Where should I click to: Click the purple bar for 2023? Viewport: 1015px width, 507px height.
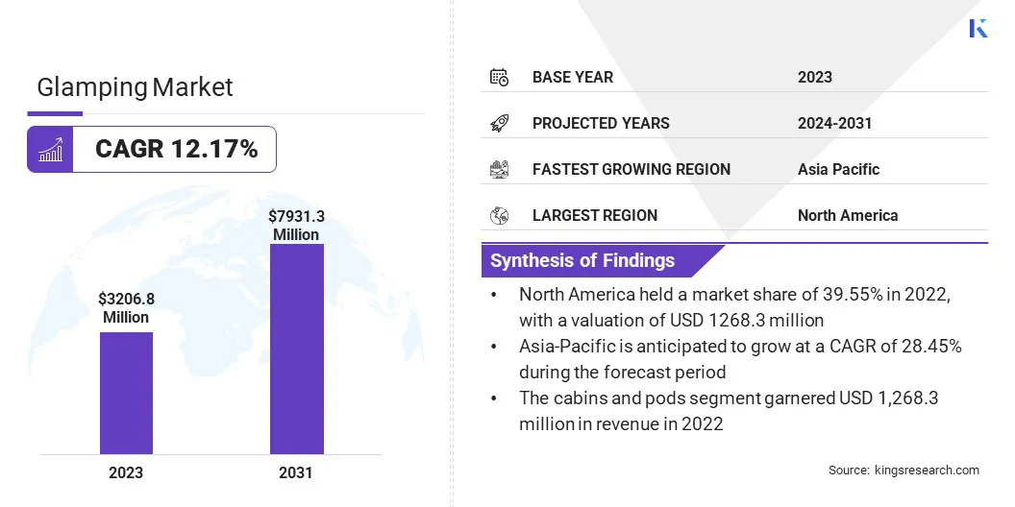pyautogui.click(x=126, y=393)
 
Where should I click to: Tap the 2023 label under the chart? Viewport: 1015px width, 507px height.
pyautogui.click(x=126, y=472)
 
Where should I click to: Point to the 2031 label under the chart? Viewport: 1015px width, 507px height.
pyautogui.click(x=296, y=472)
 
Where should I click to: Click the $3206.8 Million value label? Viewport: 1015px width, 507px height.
pyautogui.click(x=126, y=308)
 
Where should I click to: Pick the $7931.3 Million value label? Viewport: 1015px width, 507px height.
pyautogui.click(x=296, y=226)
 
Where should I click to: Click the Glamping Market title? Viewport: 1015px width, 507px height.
pyautogui.click(x=135, y=87)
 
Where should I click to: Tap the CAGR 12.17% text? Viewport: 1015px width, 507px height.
pyautogui.click(x=176, y=149)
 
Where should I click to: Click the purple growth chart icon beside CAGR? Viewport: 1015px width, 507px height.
pyautogui.click(x=50, y=149)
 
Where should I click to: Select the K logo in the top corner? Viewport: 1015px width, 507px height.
pyautogui.click(x=978, y=28)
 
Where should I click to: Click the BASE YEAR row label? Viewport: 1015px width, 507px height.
pyautogui.click(x=573, y=77)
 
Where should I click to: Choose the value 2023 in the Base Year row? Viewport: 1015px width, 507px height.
pyautogui.click(x=815, y=77)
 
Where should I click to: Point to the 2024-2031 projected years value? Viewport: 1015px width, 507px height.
pyautogui.click(x=834, y=123)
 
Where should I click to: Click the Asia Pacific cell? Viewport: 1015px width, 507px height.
pyautogui.click(x=838, y=169)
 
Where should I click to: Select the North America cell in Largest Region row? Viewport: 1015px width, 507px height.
pyautogui.click(x=848, y=215)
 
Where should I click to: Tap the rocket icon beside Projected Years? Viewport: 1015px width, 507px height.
pyautogui.click(x=499, y=123)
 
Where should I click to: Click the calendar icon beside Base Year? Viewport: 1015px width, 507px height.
pyautogui.click(x=499, y=77)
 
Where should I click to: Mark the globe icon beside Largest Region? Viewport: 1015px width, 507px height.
pyautogui.click(x=499, y=215)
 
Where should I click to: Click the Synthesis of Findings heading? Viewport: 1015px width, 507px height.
pyautogui.click(x=582, y=260)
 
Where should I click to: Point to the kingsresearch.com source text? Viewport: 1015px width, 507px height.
pyautogui.click(x=904, y=470)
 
